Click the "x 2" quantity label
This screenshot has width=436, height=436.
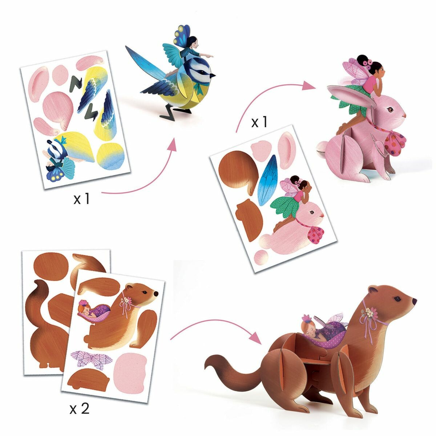coord(79,409)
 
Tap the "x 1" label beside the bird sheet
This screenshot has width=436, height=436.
coord(82,199)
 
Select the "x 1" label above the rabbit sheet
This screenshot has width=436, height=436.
coord(259,122)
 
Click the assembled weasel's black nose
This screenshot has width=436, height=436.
coord(414,301)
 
